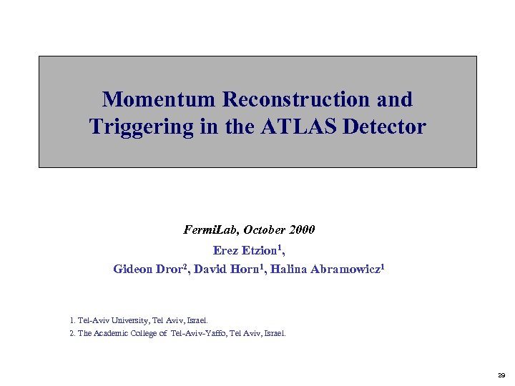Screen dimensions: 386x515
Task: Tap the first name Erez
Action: (x=226, y=250)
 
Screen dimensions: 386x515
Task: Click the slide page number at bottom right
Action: (x=501, y=375)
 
